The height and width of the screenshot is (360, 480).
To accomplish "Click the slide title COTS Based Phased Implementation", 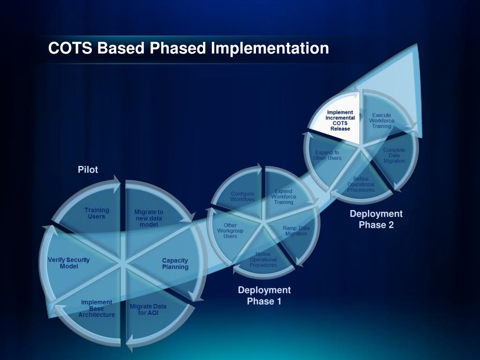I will [188, 48].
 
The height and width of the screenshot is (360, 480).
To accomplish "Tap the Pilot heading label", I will [88, 170].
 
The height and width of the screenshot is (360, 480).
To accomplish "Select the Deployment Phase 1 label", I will [264, 296].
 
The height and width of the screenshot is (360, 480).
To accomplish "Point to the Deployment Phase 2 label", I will [376, 219].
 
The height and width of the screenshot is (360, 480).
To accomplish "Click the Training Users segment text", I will [97, 213].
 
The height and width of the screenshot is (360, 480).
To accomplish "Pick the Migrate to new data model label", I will [149, 218].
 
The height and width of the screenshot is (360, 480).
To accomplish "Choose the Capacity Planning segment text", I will [175, 264].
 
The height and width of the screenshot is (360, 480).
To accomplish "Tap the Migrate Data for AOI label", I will [148, 309].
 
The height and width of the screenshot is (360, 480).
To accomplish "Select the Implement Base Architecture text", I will [97, 308].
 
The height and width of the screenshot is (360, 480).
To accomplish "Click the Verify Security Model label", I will [68, 263].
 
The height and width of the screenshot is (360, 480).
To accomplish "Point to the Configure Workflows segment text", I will [242, 196].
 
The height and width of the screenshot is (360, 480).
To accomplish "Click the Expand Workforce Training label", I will [284, 197].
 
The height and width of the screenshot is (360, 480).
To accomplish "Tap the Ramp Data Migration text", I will [296, 231].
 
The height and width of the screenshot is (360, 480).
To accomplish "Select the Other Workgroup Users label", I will [230, 231].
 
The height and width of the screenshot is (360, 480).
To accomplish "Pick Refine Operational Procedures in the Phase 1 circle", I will [263, 260].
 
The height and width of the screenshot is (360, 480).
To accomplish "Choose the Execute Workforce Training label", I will [382, 120].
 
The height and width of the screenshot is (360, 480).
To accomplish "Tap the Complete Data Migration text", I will [394, 155].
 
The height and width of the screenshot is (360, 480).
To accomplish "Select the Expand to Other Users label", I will [327, 155].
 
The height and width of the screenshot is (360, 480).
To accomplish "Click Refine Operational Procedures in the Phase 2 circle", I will [361, 184].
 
